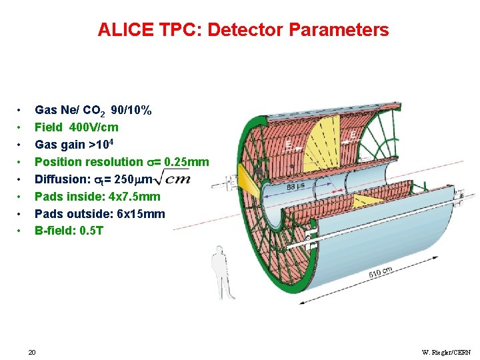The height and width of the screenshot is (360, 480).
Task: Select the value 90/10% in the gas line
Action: (x=131, y=109)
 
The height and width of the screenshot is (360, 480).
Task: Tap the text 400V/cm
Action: (x=95, y=127)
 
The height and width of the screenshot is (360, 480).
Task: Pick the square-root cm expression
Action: (x=177, y=178)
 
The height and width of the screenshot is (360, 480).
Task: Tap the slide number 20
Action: (x=32, y=351)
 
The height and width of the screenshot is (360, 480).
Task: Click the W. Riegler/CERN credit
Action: (x=447, y=351)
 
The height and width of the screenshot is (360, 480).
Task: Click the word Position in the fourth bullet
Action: (x=59, y=161)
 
